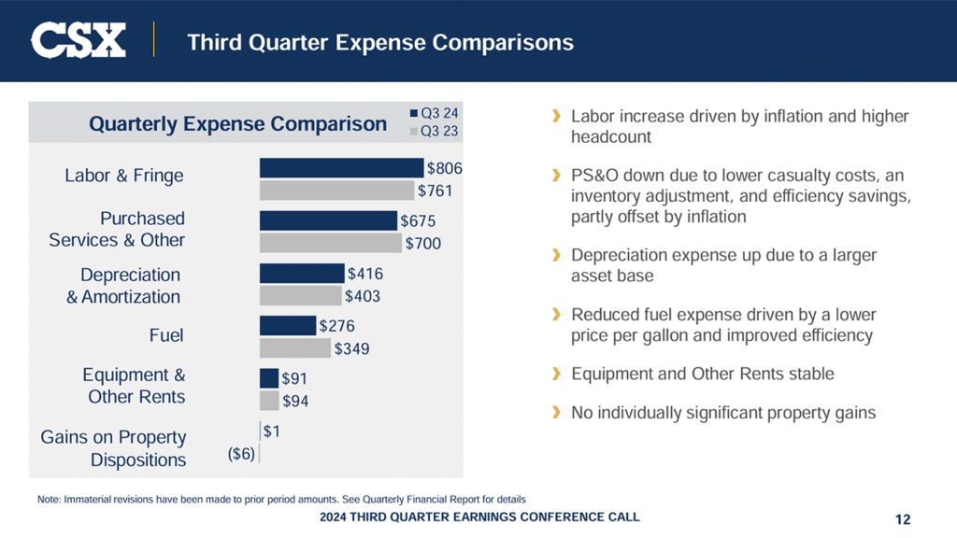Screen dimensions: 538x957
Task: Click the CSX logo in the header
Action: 79,41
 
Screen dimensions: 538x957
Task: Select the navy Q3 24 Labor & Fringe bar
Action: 341,168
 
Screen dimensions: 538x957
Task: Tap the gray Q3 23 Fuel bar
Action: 294,348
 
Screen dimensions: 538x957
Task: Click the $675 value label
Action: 418,221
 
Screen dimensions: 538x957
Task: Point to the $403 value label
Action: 363,296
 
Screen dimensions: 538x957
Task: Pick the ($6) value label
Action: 241,454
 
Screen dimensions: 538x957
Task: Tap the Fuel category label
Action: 166,335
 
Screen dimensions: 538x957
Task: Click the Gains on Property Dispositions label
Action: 113,448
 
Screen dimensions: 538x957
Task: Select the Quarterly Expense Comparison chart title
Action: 237,124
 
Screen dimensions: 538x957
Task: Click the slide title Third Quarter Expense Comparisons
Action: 380,42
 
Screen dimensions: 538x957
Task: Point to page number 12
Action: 902,519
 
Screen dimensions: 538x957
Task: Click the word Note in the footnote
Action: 49,499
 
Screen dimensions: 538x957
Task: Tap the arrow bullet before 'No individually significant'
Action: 556,412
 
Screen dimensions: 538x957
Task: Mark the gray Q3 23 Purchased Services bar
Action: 330,243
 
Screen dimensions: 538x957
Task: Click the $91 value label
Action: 294,380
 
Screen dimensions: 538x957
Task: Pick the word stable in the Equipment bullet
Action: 810,374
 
